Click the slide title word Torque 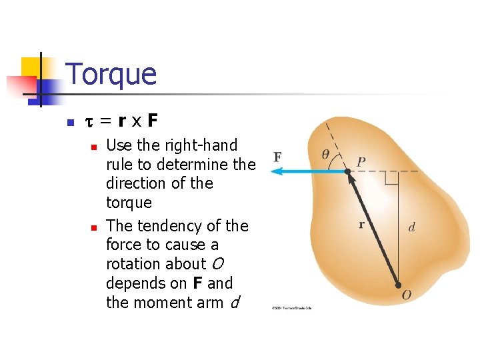[x=111, y=74]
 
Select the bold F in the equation [x=153, y=121]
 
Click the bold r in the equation [x=121, y=121]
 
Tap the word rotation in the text [x=135, y=264]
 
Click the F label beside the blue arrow [x=277, y=157]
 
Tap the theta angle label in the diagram [x=325, y=154]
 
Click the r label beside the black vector [x=361, y=225]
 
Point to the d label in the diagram [x=411, y=228]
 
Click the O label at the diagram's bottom [x=406, y=295]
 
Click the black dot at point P [x=347, y=172]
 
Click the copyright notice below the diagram [x=292, y=308]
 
